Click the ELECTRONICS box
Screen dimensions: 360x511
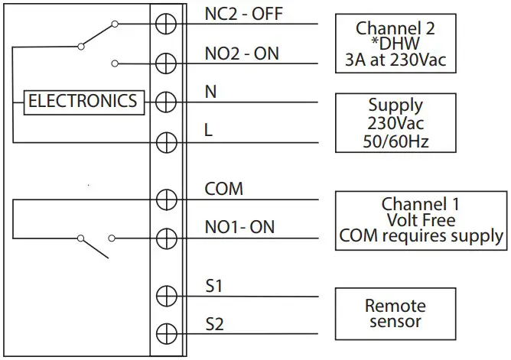83,101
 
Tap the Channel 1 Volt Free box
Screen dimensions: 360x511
421,220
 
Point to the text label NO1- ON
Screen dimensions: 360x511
239,227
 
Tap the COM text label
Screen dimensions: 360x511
223,189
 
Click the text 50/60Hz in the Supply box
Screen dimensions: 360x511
395,141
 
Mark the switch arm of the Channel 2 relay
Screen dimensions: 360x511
97,34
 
